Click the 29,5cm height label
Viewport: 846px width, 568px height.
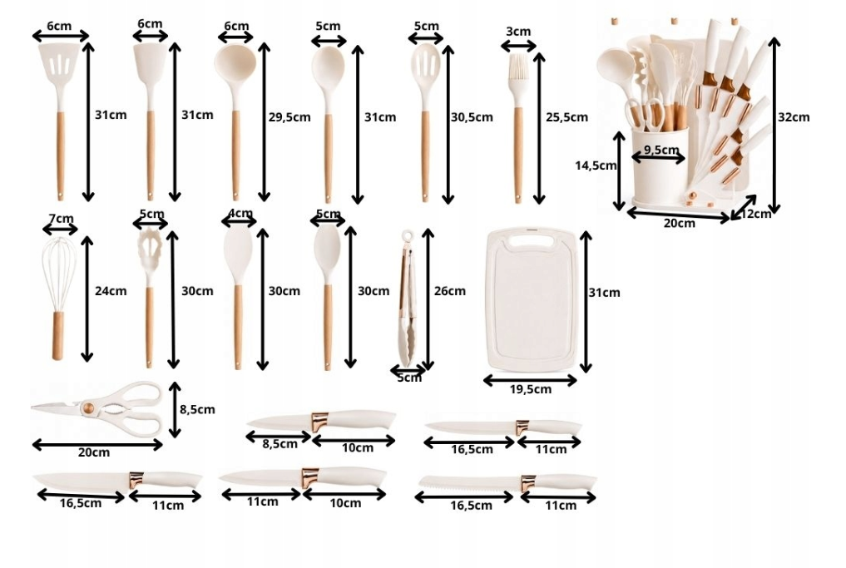point(289,117)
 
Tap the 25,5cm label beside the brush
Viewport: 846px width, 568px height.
point(566,117)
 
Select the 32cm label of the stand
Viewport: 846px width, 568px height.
point(793,117)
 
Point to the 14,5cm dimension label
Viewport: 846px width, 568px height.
point(596,165)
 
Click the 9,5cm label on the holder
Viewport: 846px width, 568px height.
point(661,150)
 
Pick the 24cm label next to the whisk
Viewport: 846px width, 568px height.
point(111,291)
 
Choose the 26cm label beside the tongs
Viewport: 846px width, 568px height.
point(449,291)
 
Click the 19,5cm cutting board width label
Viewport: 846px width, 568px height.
point(531,389)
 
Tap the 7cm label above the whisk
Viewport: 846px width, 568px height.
point(61,219)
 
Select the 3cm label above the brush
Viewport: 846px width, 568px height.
point(518,32)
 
